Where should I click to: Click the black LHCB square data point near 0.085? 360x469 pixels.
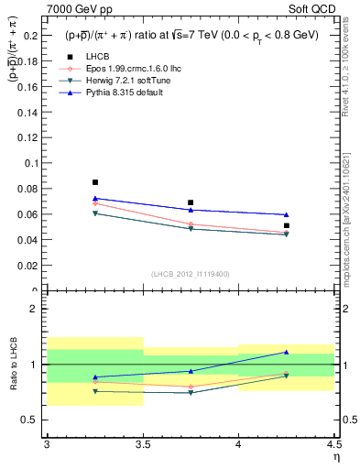pyautogui.click(x=94, y=182)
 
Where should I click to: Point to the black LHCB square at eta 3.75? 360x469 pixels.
pyautogui.click(x=191, y=202)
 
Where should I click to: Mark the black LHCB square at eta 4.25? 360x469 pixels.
pyautogui.click(x=286, y=225)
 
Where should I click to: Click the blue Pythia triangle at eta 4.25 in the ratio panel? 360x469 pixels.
pyautogui.click(x=286, y=352)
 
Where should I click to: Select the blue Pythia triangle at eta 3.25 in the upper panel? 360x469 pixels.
pyautogui.click(x=94, y=198)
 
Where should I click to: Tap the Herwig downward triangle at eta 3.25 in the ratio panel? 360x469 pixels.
pyautogui.click(x=94, y=391)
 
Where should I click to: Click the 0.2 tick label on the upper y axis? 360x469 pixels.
pyautogui.click(x=29, y=35)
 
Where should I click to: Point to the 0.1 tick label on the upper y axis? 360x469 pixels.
pyautogui.click(x=29, y=163)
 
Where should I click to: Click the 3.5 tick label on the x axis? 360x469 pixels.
pyautogui.click(x=143, y=444)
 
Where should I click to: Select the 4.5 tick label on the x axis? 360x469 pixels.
pyautogui.click(x=333, y=444)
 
